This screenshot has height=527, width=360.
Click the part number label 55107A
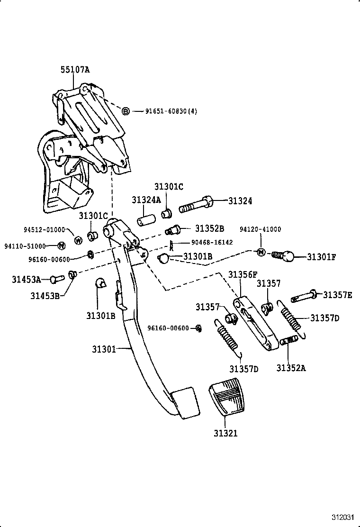tap(75, 70)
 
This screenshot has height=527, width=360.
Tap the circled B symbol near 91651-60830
tap(126, 111)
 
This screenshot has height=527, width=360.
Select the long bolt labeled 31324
tap(196, 206)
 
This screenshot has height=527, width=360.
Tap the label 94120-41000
tap(260, 229)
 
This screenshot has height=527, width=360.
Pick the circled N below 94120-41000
tap(261, 252)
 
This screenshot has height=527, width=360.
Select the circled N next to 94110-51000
tap(61, 245)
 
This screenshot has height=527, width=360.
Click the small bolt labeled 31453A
tap(56, 279)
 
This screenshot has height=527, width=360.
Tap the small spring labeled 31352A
tap(289, 340)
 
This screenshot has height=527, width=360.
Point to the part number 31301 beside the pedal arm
tap(104, 350)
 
